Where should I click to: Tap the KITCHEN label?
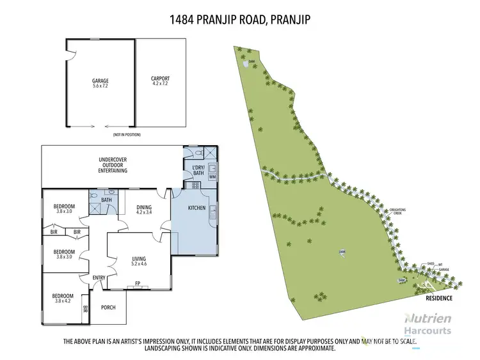coord(196,208)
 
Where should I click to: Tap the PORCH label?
coord(109,308)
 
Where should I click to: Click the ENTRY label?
coord(99,277)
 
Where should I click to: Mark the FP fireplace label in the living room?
coord(137,284)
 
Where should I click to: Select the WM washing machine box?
coord(212,176)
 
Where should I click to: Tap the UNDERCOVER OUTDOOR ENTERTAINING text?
coord(113,165)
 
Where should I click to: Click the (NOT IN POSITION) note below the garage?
coord(127,135)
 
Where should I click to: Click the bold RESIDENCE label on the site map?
coord(439,298)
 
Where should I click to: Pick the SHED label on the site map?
coord(431,263)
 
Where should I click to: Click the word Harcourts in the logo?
coord(429,331)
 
